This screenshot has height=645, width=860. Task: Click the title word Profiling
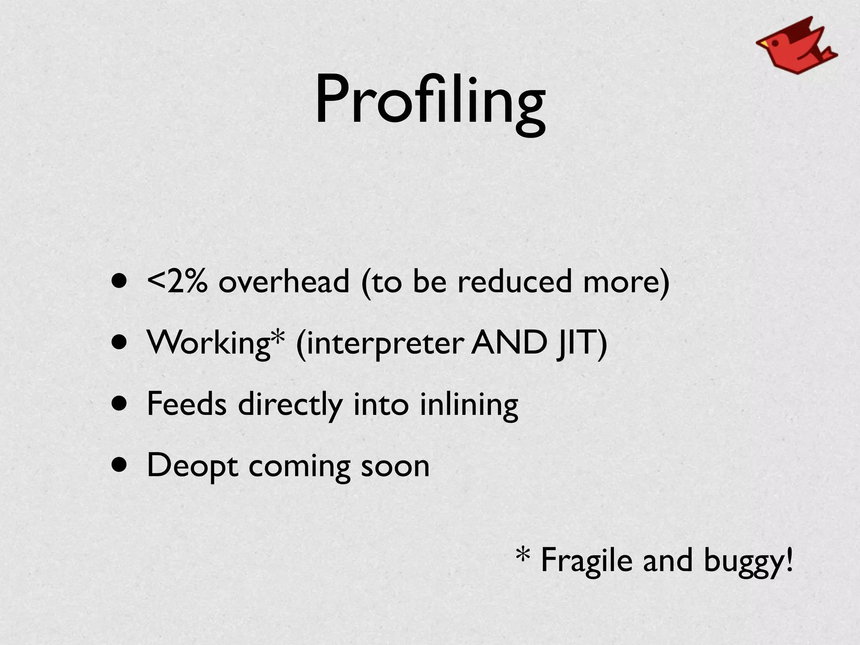point(430,101)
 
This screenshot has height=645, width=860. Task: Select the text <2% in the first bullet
point(177,281)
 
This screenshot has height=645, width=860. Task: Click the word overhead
point(284,281)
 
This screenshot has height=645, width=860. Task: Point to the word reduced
point(514,281)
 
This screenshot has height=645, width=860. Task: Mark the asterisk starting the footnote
point(523,556)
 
